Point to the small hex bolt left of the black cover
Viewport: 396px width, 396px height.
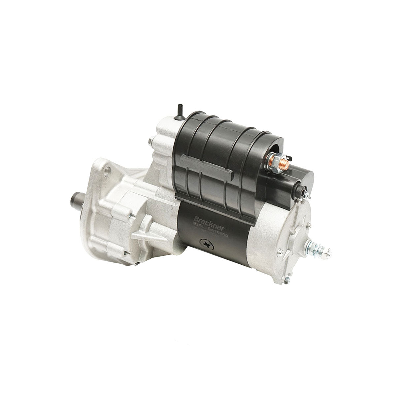150,141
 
